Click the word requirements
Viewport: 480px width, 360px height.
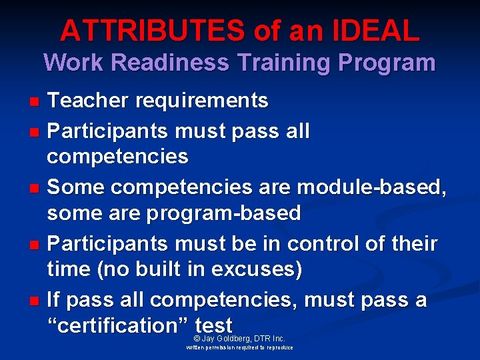202,101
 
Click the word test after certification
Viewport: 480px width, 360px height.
214,326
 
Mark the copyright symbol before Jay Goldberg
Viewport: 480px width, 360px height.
196,339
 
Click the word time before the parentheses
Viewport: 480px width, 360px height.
69,270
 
